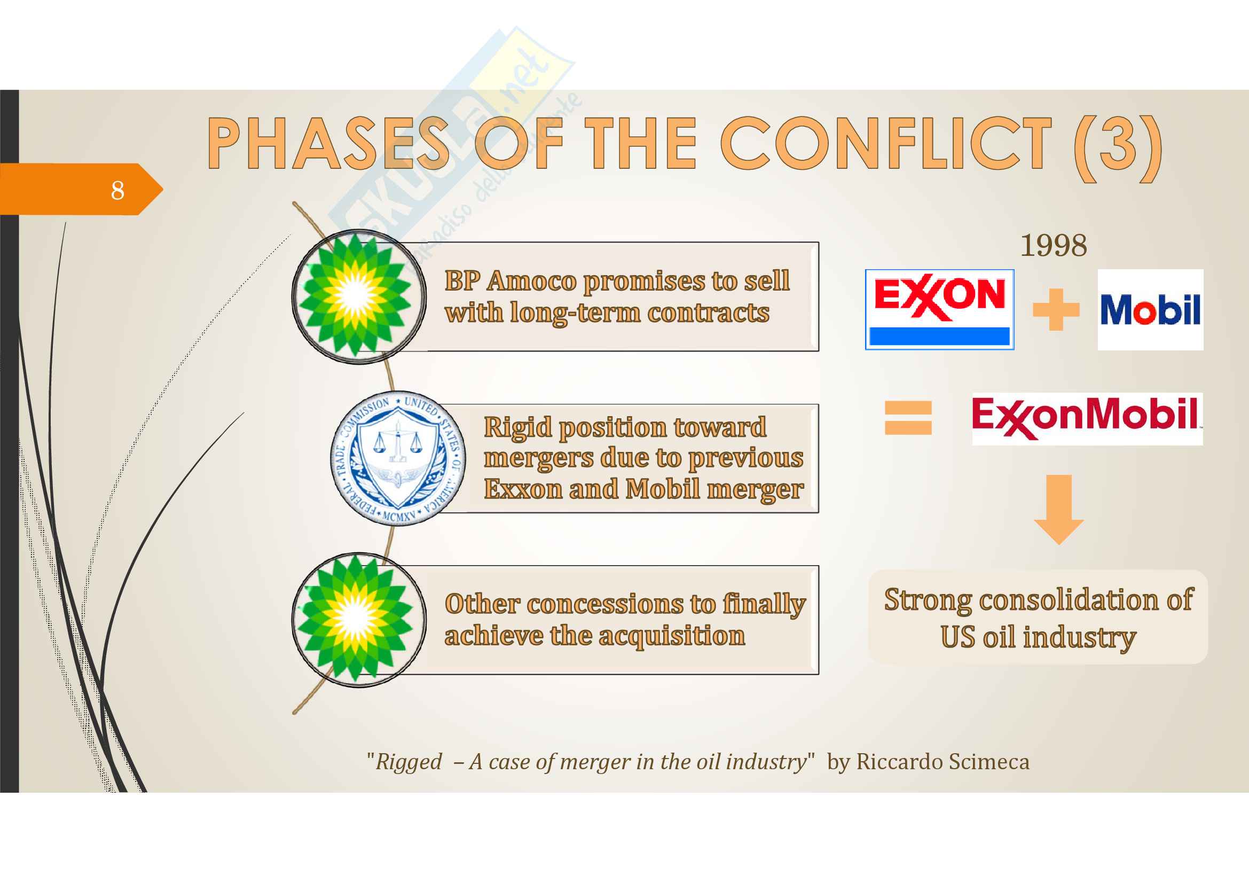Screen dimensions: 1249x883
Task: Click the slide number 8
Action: [x=117, y=190]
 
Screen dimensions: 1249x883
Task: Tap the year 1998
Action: [x=1053, y=245]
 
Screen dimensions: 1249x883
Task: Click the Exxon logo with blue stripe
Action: [x=939, y=309]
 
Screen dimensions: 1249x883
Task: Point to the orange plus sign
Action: [x=1056, y=310]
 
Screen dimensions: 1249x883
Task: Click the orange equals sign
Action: [x=908, y=417]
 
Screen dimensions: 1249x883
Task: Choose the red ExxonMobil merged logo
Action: [x=1087, y=418]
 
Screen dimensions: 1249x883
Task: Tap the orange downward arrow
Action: [x=1058, y=509]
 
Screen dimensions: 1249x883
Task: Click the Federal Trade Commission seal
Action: [x=398, y=458]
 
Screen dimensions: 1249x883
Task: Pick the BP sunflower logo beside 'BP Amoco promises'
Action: [x=359, y=296]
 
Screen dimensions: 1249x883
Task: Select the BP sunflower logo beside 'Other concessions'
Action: [x=359, y=620]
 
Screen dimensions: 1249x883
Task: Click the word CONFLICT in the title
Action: [x=886, y=144]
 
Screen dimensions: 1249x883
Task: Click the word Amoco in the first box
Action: [x=531, y=282]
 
